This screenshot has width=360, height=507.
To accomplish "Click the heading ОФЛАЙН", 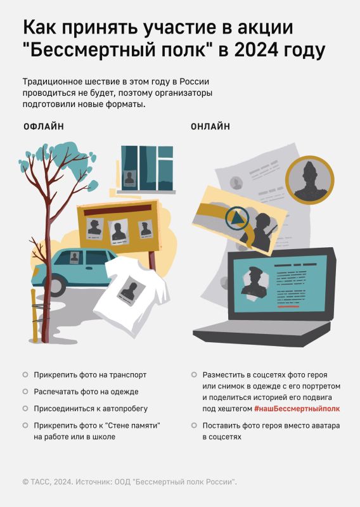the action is [44, 126].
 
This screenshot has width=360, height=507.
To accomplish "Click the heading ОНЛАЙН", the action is [210, 126].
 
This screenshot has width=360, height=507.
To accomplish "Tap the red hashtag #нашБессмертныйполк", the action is [297, 409].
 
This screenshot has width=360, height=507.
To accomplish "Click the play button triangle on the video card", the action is [238, 218].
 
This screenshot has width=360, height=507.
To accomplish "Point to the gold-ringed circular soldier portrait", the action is [309, 180].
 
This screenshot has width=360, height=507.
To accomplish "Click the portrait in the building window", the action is [129, 179].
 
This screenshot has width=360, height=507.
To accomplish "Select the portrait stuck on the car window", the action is [74, 257].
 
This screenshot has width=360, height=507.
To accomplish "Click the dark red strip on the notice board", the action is [117, 210].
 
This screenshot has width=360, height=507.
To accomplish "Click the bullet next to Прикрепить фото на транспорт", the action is [25, 375].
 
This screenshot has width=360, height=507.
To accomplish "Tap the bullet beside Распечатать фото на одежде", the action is [25, 392].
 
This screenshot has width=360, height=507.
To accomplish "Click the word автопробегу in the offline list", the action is [125, 409].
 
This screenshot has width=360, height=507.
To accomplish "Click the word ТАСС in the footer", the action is [41, 482].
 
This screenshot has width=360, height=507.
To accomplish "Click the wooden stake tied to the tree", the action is [34, 316].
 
